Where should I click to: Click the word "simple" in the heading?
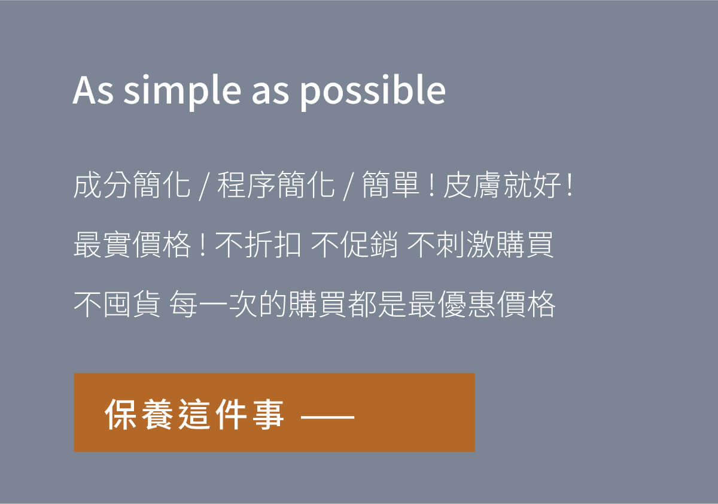[182, 91]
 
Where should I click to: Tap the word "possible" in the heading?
[372, 91]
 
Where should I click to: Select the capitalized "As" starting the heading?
[93, 90]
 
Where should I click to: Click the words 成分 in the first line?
[102, 185]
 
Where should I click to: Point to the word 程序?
[246, 185]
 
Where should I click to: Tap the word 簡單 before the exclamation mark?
[390, 185]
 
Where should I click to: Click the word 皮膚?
[472, 185]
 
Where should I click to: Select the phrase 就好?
[531, 185]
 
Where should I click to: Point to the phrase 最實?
[102, 245]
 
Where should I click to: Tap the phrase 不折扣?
[258, 245]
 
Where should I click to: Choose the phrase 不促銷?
[354, 245]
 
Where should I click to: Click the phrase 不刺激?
[451, 245]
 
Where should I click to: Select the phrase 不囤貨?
[117, 304]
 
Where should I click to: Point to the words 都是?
[378, 304]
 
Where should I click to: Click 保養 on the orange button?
[138, 415]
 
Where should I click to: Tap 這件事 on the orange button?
[231, 415]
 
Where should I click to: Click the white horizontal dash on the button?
[328, 417]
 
